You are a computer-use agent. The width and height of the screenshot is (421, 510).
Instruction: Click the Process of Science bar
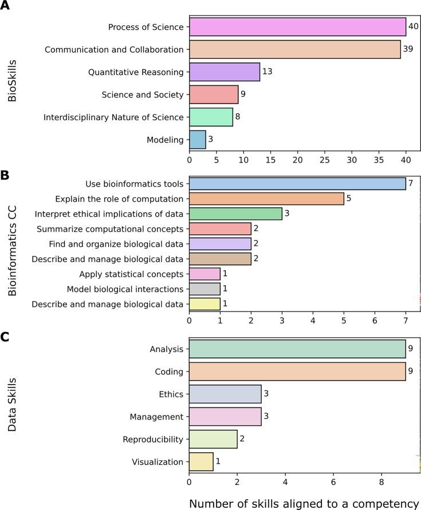pos(297,27)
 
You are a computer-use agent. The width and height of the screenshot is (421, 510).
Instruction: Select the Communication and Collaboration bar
pos(294,49)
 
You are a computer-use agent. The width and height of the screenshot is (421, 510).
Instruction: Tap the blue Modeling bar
pos(198,140)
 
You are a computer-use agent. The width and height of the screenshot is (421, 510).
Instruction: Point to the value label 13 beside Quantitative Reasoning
pos(267,72)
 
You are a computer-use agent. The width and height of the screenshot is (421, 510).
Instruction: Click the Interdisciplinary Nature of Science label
pos(113,117)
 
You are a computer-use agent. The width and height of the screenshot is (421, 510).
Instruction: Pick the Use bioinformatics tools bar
pos(297,184)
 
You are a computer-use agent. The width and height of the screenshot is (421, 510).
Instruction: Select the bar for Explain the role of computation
pos(266,199)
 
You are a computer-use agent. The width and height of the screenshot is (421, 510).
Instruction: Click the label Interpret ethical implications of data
pos(109,214)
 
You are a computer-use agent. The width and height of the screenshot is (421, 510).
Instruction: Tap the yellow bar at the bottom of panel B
pos(204,304)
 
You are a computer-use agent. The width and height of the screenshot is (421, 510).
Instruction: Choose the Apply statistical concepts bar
pos(204,274)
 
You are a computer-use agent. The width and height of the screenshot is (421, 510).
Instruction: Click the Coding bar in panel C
pos(297,371)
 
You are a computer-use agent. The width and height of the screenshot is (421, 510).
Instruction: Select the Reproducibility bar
pos(213,439)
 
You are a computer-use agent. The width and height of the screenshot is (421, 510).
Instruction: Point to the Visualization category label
pos(158,462)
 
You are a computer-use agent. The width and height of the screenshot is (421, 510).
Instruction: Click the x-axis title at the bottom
pos(304,504)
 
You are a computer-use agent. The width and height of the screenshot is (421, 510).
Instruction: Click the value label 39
pos(409,50)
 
